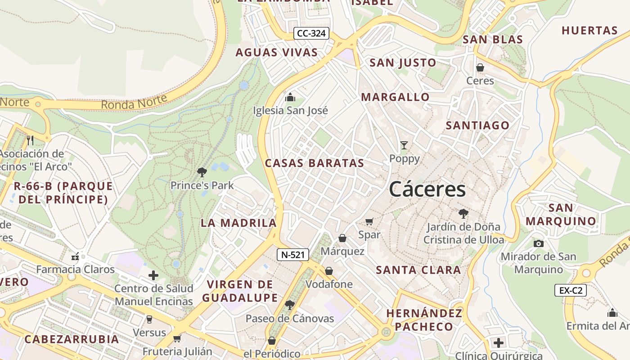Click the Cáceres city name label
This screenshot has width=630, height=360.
(x=427, y=189)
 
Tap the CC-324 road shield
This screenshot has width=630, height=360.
(x=311, y=33)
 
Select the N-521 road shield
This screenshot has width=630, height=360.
(x=292, y=255)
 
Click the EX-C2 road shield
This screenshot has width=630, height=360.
(x=570, y=290)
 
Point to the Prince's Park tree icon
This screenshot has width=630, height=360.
(x=202, y=172)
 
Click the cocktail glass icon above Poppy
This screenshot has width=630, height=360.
(x=404, y=145)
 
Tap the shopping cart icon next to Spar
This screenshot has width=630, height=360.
(x=369, y=221)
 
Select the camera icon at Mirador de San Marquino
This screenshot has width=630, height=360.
(x=538, y=243)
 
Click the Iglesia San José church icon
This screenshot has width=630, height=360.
(x=290, y=97)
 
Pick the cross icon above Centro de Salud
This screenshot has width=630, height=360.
(x=153, y=275)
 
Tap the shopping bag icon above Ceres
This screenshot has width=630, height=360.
(x=480, y=67)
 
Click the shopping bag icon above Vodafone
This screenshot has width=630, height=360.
(x=329, y=271)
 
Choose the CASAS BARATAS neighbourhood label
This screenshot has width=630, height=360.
(x=314, y=163)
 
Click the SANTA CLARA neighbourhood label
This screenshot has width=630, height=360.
(x=418, y=270)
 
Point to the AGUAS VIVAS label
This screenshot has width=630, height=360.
(x=277, y=53)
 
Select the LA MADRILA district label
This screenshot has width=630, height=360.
(x=238, y=223)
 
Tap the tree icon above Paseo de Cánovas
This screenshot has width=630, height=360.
(x=290, y=305)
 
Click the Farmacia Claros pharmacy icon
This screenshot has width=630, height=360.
(x=75, y=256)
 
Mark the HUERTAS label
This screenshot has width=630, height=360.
(x=589, y=31)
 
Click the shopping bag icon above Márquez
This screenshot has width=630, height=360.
(x=342, y=238)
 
